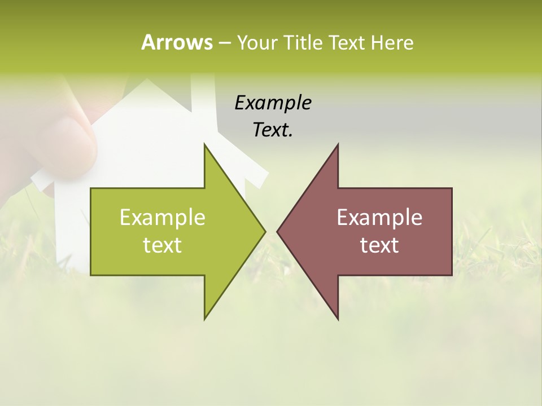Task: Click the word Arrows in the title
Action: pyautogui.click(x=176, y=42)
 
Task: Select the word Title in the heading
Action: pyautogui.click(x=303, y=42)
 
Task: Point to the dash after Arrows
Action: pyautogui.click(x=224, y=43)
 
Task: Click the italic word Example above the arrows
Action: pyautogui.click(x=273, y=103)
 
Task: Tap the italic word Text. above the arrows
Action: pyautogui.click(x=273, y=130)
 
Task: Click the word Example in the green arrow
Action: pyautogui.click(x=163, y=218)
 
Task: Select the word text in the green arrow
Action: pyautogui.click(x=163, y=245)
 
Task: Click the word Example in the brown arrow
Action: pyautogui.click(x=379, y=218)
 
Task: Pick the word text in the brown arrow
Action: pyautogui.click(x=379, y=245)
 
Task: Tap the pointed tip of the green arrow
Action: pyautogui.click(x=265, y=231)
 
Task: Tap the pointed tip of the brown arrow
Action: pyautogui.click(x=277, y=231)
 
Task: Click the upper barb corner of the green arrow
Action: pyautogui.click(x=204, y=144)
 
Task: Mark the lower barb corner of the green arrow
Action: pyautogui.click(x=204, y=319)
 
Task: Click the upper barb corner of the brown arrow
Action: pyautogui.click(x=338, y=144)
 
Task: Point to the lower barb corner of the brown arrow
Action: pyautogui.click(x=338, y=319)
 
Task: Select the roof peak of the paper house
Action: pyautogui.click(x=146, y=81)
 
